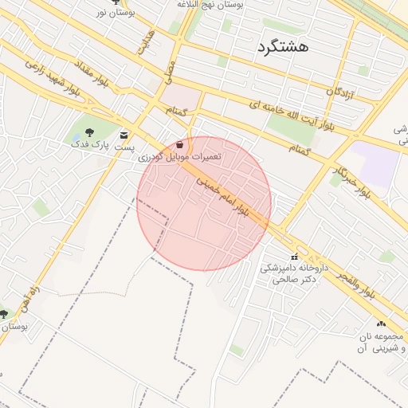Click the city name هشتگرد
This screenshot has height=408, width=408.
coord(282,47)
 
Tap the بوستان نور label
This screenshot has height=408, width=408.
coord(114,13)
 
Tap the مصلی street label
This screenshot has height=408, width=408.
coord(169,72)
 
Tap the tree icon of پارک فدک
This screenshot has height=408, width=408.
coord(88,131)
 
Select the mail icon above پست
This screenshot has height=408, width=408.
coord(123,135)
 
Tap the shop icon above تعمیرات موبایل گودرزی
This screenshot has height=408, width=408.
coord(180,145)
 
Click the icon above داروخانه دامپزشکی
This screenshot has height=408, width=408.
coord(296,257)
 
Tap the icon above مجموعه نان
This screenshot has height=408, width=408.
coord(382,324)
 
